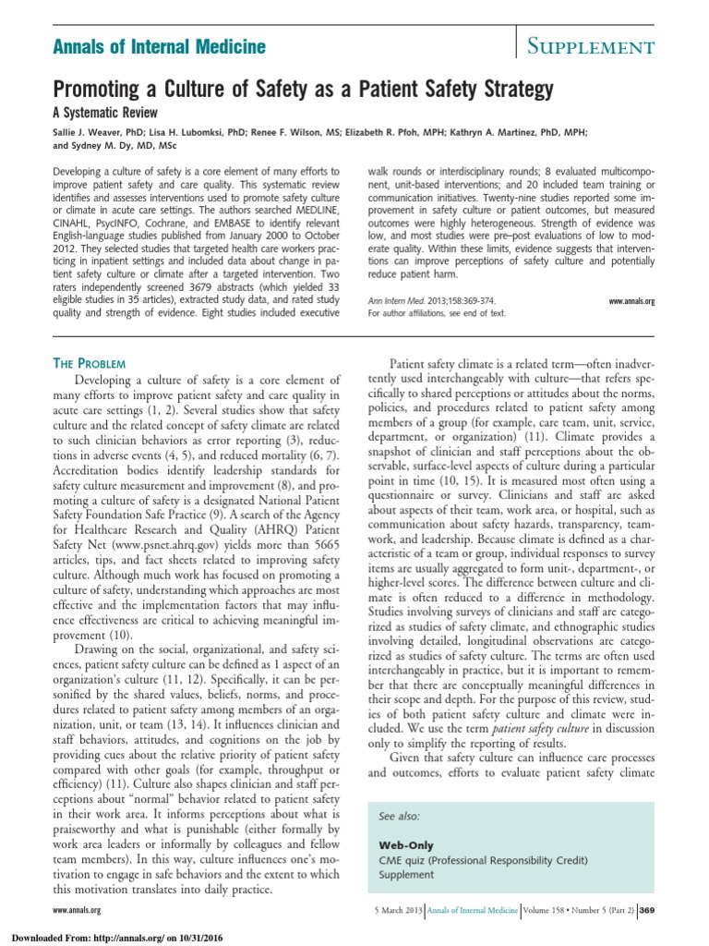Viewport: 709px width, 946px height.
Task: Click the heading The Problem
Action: click(96, 365)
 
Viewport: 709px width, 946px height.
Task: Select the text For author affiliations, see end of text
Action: click(437, 314)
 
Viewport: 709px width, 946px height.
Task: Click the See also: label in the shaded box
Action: click(399, 818)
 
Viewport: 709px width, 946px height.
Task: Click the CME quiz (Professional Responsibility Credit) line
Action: click(483, 860)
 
